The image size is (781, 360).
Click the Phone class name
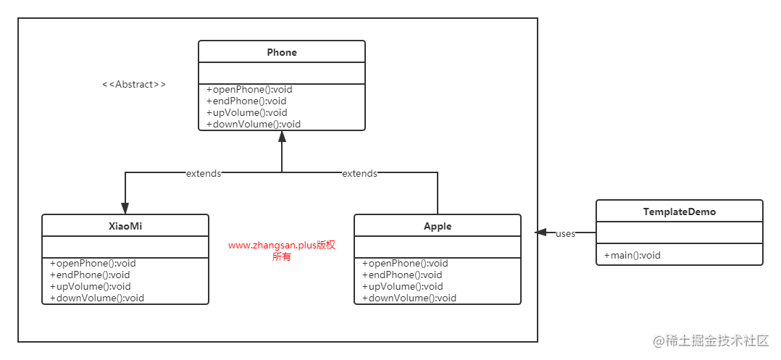[282, 52]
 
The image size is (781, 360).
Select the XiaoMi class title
[125, 226]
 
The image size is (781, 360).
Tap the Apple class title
[437, 226]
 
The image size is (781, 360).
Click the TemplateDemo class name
[679, 212]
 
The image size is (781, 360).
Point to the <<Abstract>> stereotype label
[134, 84]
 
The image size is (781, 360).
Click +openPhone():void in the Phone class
[249, 90]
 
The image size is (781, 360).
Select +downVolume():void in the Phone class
[253, 124]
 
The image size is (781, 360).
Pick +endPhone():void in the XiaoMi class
[90, 275]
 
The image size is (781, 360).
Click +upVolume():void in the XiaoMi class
[91, 286]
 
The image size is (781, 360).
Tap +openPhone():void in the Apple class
[405, 263]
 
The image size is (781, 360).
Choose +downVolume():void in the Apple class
[409, 298]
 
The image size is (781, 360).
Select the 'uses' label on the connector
[565, 233]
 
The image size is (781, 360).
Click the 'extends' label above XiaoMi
[204, 173]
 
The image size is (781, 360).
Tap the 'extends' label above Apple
[359, 173]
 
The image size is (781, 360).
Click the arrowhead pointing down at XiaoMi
[125, 207]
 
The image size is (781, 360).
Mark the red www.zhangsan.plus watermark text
[282, 251]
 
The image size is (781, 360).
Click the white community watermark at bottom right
[709, 339]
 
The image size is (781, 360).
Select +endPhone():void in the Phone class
[246, 101]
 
